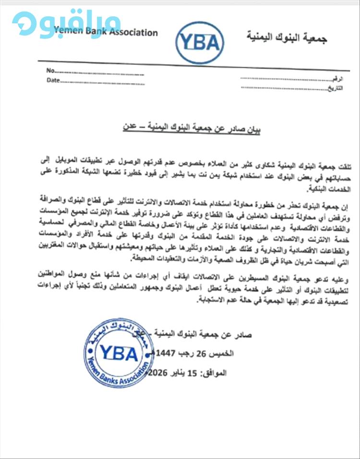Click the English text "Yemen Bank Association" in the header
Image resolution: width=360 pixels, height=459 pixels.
coord(106,33)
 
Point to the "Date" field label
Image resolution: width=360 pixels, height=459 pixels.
coord(53,80)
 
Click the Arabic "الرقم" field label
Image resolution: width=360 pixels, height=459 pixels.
coord(337,78)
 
